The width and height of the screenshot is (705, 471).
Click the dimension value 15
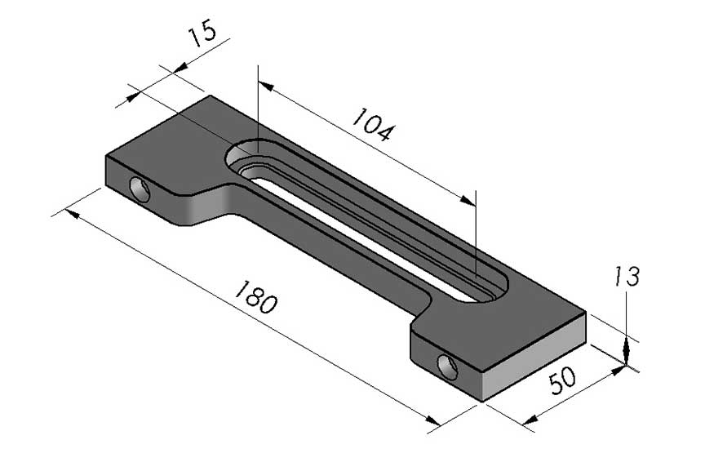click(x=202, y=37)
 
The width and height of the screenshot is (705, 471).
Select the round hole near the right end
click(x=447, y=367)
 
